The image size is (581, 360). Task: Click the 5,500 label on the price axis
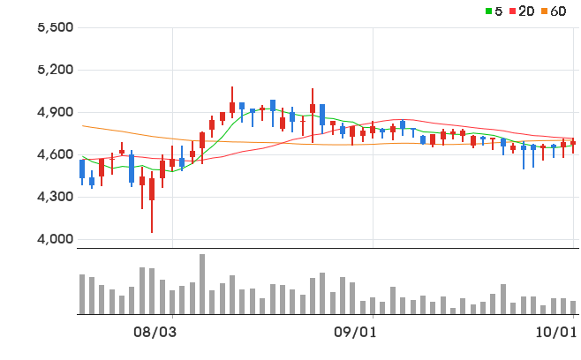pos(56,27)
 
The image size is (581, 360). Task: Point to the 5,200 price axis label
pos(56,70)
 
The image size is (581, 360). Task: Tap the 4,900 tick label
pos(56,112)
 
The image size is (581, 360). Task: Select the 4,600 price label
pos(56,154)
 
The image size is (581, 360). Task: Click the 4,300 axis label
pos(56,197)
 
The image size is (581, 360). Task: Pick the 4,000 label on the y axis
pos(56,239)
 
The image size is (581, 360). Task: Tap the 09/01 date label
pos(355,333)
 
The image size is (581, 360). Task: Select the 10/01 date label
pos(556,333)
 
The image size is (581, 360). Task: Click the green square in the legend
pos(488,11)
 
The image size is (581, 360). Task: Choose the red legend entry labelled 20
pos(522,11)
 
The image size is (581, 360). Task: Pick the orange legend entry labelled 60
pos(554,11)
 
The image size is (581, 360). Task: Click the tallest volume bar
pos(202,284)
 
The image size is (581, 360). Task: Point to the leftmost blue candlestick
pos(82,172)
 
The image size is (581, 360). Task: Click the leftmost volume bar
pos(82,294)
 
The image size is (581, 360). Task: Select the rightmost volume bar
pos(573,307)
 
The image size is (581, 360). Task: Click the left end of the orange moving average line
pos(82,126)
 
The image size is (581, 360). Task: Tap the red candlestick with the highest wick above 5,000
pos(232,102)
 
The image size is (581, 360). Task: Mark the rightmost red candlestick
pos(573,146)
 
